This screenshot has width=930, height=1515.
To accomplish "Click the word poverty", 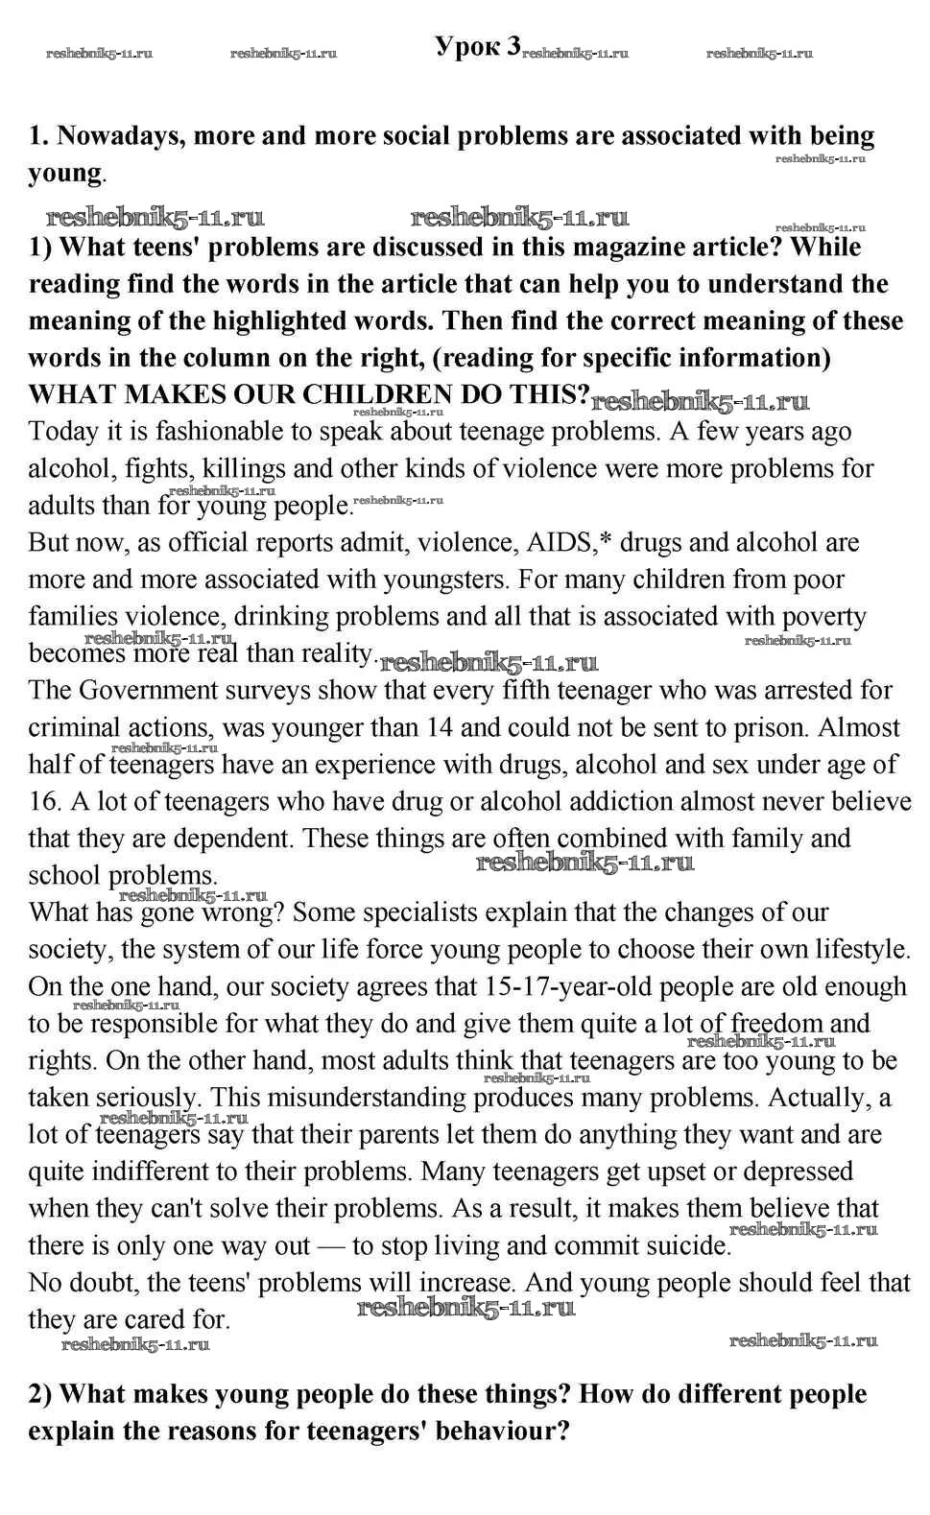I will click(x=824, y=616).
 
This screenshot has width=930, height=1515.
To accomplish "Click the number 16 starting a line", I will click(x=45, y=801).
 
